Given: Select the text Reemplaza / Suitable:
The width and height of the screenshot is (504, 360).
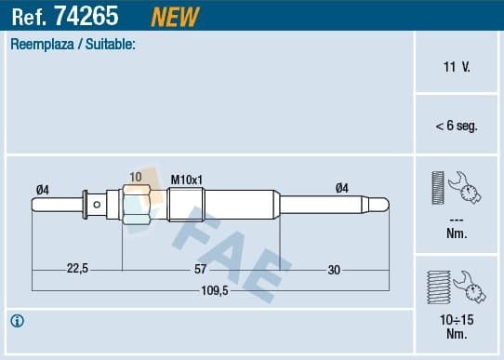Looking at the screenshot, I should coord(73,44).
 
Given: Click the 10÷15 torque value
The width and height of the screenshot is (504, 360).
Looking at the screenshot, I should coord(456,319).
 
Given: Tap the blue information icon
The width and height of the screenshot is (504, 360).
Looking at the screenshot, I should coord(17,321).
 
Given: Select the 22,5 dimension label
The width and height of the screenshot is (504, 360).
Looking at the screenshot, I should coord(77,270).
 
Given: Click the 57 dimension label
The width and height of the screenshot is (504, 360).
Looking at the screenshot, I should coord(200,270).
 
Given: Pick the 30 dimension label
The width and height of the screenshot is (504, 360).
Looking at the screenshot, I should coord(334,270).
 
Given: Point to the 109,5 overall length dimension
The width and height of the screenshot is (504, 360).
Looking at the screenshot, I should coord(215,291).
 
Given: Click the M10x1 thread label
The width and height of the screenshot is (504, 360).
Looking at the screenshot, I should coord(187,178).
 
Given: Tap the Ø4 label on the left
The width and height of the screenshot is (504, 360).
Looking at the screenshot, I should coord(42,189).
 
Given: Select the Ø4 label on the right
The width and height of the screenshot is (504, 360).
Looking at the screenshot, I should coord(342,188).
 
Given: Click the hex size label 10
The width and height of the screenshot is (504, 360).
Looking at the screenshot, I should coord(136,177).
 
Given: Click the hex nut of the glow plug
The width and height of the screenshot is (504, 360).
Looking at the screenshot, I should coord(136,205).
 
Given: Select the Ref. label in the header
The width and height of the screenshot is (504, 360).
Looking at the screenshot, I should coord(31,16).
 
